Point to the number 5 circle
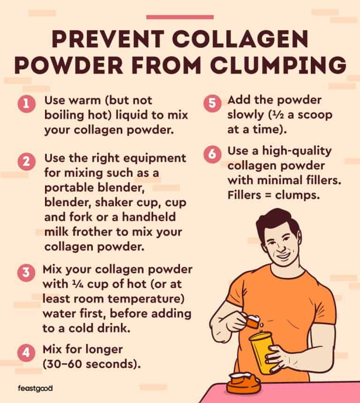click(x=212, y=104)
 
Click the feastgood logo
click(x=35, y=388)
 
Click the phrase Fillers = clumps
click(x=274, y=194)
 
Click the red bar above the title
click(x=180, y=17)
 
